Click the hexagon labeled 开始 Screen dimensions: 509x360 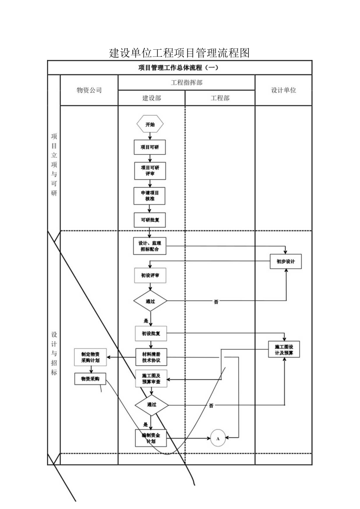click(150, 124)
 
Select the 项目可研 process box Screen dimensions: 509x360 click(149, 147)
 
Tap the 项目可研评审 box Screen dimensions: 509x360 click(149, 170)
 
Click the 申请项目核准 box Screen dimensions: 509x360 click(149, 196)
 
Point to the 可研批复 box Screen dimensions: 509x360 click(149, 220)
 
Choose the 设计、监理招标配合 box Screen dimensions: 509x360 click(149, 246)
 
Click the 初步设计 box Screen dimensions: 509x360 click(286, 262)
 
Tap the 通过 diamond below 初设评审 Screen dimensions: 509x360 click(150, 301)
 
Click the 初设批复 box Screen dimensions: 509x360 click(151, 334)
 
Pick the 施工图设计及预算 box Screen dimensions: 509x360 click(284, 349)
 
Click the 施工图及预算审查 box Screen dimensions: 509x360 click(151, 378)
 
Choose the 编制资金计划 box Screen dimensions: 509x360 click(151, 438)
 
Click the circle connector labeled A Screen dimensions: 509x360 click(218, 438)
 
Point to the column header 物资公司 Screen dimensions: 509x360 click(89, 90)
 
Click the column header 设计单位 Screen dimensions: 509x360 click(284, 90)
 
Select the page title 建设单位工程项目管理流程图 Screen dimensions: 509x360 click(180, 53)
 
